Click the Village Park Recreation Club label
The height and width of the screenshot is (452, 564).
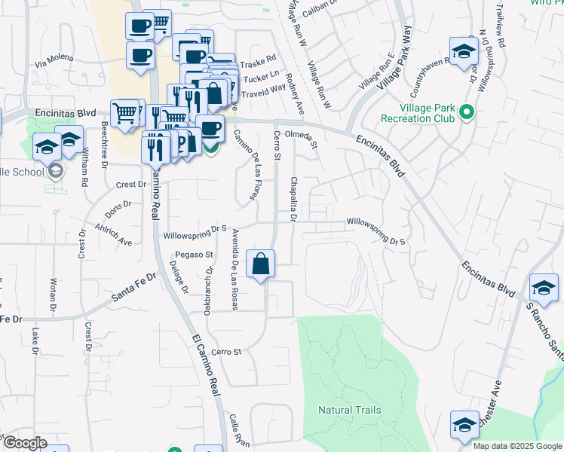coord(418,113)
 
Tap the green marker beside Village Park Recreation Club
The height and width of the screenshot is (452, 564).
coord(466,114)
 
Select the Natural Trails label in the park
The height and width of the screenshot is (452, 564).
coord(349,410)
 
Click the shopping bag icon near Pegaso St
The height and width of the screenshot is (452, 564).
coord(260,264)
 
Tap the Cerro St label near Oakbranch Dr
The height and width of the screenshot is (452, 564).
coord(226,352)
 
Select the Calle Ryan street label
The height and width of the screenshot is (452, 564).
coord(239,430)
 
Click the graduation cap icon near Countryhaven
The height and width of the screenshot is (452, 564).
coord(462,52)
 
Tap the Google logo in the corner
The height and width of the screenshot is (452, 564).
coord(25,443)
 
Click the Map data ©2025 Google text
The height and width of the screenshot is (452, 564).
coord(517,446)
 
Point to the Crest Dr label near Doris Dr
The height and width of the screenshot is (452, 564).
coord(130,184)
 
